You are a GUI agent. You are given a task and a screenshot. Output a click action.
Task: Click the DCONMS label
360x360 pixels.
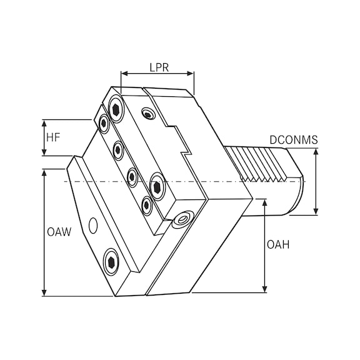point(294,139)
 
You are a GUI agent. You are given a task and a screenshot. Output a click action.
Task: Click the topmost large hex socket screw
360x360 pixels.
point(116,109)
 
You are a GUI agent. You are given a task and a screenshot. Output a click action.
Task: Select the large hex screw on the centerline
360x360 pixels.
point(157,185)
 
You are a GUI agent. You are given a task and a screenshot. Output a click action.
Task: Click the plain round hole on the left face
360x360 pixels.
point(93,224)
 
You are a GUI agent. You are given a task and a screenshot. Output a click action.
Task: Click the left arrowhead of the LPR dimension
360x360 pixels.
point(124,74)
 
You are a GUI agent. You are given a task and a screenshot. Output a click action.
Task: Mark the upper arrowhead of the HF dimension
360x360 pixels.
point(44,121)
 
